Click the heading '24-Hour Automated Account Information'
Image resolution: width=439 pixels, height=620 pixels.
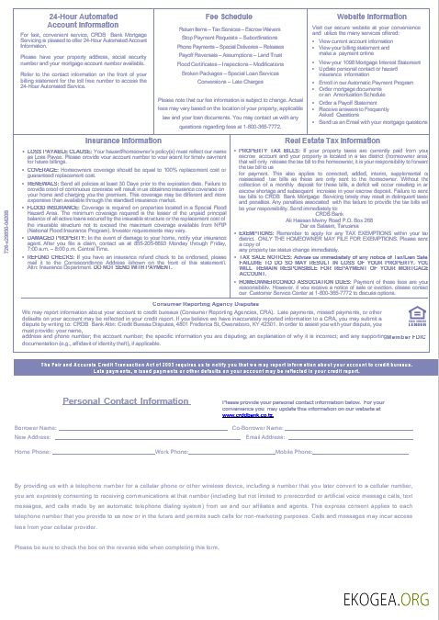[x=74, y=20]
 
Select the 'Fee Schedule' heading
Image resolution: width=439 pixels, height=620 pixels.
[x=223, y=17]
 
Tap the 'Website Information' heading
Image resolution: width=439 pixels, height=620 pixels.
[x=372, y=17]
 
